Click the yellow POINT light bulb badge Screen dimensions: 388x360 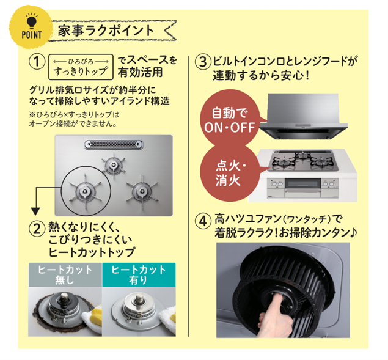(x=31, y=28)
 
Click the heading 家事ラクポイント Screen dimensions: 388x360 (x=106, y=31)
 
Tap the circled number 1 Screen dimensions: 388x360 (x=37, y=62)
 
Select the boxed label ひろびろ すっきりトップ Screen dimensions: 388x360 (x=81, y=67)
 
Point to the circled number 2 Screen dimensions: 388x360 (x=37, y=229)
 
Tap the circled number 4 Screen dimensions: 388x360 (x=203, y=221)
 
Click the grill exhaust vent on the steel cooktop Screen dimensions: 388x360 (x=114, y=145)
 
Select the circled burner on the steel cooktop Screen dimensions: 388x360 (x=85, y=191)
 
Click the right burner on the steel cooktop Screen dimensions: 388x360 (x=142, y=191)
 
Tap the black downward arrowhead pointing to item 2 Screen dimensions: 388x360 (x=35, y=211)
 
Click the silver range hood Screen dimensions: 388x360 (x=303, y=116)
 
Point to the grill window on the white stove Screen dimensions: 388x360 (x=302, y=184)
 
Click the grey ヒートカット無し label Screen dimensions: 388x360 (x=65, y=275)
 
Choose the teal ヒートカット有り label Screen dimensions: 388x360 (x=139, y=275)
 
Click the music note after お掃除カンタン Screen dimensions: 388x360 (x=354, y=232)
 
